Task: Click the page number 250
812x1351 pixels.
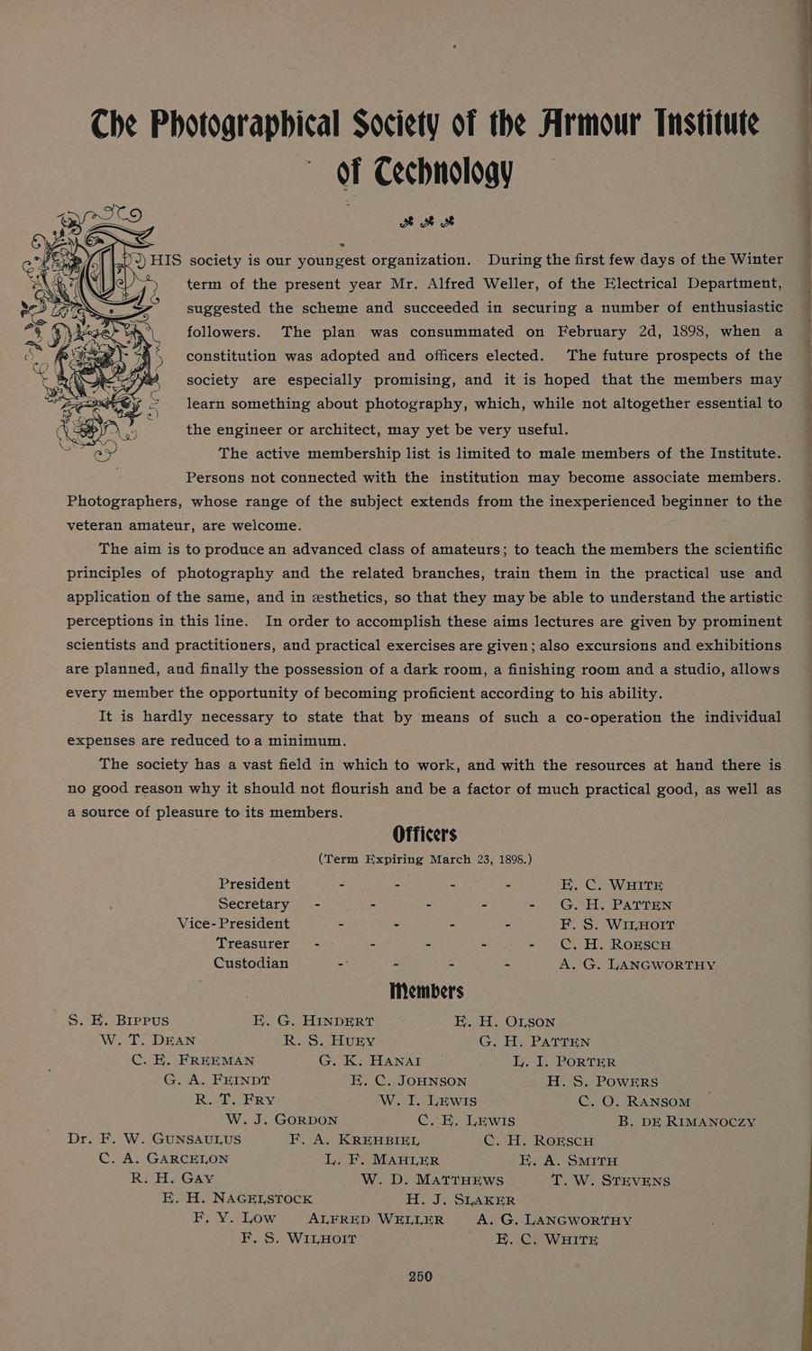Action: click(x=420, y=1276)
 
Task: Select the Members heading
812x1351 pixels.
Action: click(x=426, y=991)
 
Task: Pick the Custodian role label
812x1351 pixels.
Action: click(x=251, y=963)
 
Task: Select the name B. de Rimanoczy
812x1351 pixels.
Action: click(x=687, y=1121)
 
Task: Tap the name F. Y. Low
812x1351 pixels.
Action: click(x=234, y=1219)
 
